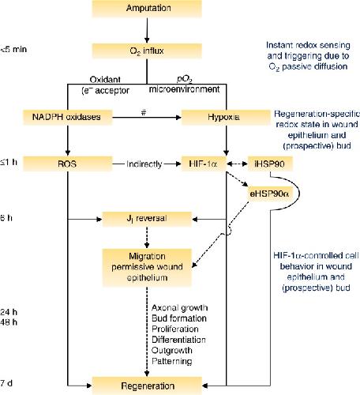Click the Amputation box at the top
[147, 8]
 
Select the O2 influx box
[147, 51]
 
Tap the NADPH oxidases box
[68, 117]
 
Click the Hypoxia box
[226, 117]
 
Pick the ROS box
[68, 164]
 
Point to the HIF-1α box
[204, 164]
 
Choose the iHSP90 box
[270, 164]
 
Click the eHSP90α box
[270, 194]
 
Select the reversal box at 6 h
[147, 219]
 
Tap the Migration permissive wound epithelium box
[147, 267]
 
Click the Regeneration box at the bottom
[147, 386]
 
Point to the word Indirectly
[144, 164]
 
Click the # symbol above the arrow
[144, 112]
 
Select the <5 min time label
[13, 49]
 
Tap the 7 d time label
[6, 383]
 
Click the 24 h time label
[9, 312]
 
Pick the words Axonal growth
[180, 308]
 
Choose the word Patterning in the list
[172, 361]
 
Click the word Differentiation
[178, 340]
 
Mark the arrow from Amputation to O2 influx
[147, 30]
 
